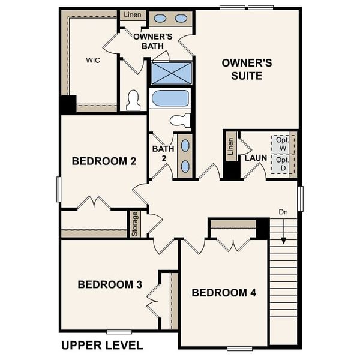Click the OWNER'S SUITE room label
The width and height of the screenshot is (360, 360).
[x=247, y=69]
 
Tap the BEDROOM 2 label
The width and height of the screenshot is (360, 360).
[x=104, y=161]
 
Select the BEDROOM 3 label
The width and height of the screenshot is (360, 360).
[x=110, y=284]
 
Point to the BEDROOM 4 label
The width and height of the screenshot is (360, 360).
[x=224, y=293]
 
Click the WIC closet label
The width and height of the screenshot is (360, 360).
[x=92, y=61]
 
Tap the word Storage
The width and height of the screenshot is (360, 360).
[x=135, y=223]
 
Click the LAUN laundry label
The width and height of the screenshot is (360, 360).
[x=256, y=158]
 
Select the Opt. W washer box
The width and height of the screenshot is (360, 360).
[x=282, y=144]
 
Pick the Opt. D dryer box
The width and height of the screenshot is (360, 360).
[x=282, y=164]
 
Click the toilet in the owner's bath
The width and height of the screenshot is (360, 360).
[x=133, y=101]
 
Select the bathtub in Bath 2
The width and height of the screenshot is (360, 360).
[x=170, y=98]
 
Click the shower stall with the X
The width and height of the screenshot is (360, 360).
[x=172, y=73]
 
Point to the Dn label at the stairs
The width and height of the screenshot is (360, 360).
[x=283, y=212]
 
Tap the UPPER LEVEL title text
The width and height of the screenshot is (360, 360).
[x=102, y=345]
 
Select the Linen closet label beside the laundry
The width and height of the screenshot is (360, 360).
[x=231, y=147]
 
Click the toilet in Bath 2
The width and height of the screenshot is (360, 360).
[x=181, y=120]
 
